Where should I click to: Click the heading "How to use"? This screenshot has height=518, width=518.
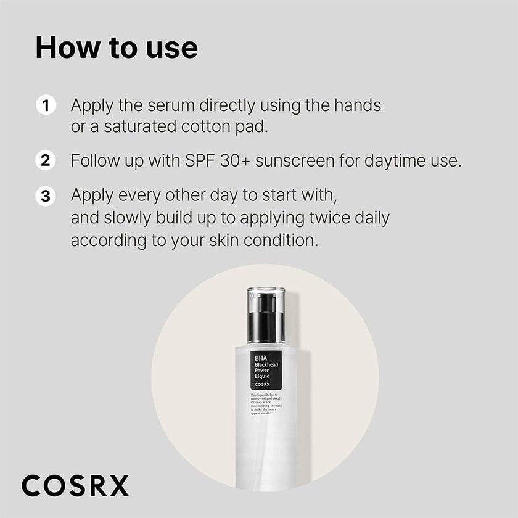click(117, 48)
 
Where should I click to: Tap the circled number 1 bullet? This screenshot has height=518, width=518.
click(45, 105)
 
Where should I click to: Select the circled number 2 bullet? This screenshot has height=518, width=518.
click(45, 161)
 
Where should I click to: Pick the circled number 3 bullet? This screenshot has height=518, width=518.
click(45, 197)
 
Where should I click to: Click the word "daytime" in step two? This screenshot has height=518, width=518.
click(395, 161)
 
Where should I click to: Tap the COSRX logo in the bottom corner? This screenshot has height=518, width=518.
click(75, 485)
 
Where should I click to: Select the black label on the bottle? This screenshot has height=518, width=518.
click(265, 369)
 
